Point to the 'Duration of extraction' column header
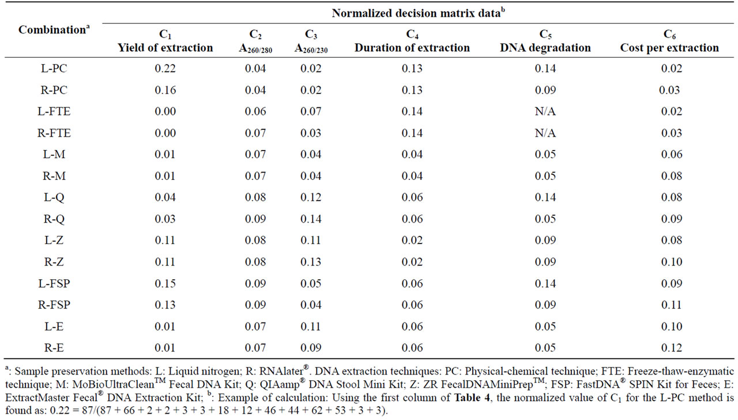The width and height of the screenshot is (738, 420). (412, 47)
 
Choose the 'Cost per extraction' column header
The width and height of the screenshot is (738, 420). (669, 47)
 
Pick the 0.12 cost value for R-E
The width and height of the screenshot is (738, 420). (671, 348)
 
